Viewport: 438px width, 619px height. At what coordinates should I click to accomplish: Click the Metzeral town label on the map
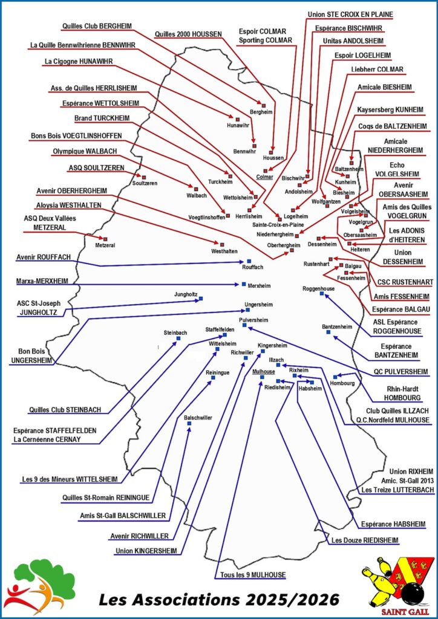[105, 245]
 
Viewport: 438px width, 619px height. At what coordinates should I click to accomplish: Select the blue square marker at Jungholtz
[201, 298]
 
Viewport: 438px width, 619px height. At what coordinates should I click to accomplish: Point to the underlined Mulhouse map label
[264, 371]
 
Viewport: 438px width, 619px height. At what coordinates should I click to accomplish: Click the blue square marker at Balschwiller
[189, 423]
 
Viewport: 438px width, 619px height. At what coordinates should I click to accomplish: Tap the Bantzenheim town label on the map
[337, 326]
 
